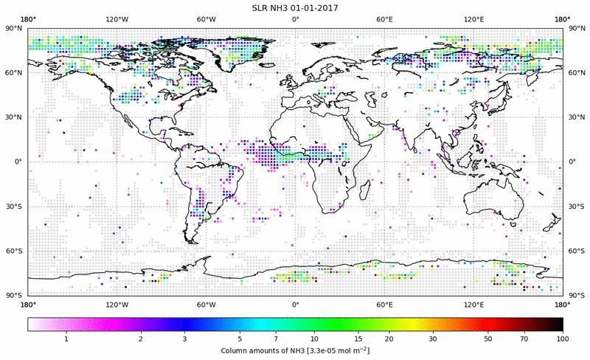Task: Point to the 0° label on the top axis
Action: [295, 19]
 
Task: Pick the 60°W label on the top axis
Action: [206, 19]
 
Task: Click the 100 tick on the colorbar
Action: [563, 339]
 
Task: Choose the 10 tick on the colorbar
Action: [315, 339]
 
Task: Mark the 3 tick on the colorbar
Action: [185, 339]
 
